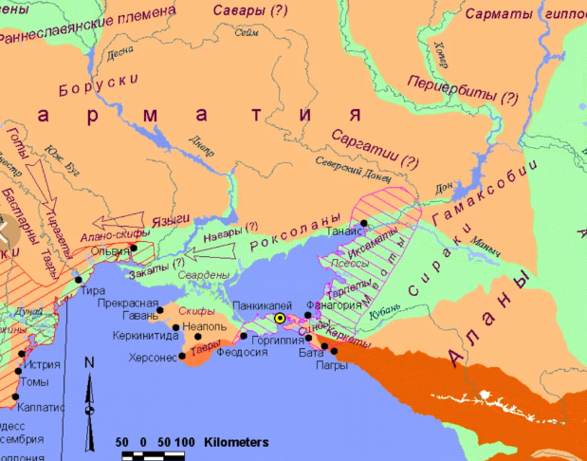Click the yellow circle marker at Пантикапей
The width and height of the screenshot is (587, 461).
(x=280, y=320)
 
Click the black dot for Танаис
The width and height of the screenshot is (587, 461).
(x=364, y=223)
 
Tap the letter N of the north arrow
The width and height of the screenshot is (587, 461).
(x=89, y=362)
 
